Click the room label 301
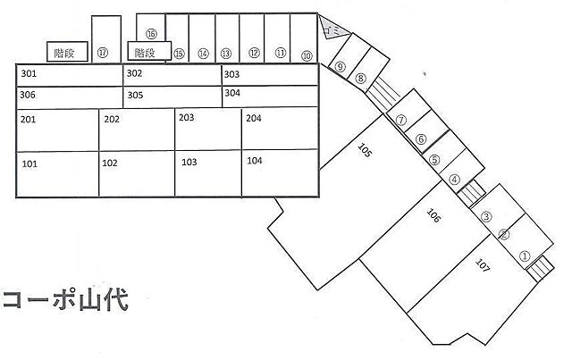point(29,74)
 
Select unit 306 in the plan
point(28,94)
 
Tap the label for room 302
point(135,73)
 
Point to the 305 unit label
point(135,94)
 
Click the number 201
point(29,120)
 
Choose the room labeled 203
point(187,117)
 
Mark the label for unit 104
point(255,161)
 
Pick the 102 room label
point(110,163)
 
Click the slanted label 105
point(365,150)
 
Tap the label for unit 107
point(484,265)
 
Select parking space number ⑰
point(104,53)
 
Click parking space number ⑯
point(152,33)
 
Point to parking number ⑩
point(307,54)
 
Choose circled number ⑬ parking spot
point(226,54)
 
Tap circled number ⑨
point(341,65)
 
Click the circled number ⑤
point(434,161)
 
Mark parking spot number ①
point(525,255)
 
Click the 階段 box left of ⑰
point(64,53)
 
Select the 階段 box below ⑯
point(146,52)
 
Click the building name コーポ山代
point(65,299)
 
